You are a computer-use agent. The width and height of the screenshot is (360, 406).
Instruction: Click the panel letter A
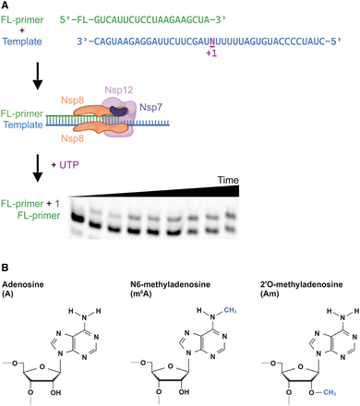5,6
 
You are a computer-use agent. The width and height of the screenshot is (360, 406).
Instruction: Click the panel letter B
5,268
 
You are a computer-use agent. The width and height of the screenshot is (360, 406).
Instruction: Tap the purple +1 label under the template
211,54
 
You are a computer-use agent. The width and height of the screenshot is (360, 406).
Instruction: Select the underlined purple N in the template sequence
212,42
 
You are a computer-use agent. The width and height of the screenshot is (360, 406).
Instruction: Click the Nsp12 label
119,90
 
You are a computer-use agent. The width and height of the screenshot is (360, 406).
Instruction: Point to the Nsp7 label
150,107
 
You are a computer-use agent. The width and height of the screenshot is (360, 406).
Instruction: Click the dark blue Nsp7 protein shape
118,111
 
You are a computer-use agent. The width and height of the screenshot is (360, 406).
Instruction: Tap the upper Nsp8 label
72,101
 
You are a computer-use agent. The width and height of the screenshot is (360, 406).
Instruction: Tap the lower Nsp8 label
72,138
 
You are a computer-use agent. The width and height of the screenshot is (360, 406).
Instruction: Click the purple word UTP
69,165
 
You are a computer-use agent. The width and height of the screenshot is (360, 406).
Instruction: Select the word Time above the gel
228,180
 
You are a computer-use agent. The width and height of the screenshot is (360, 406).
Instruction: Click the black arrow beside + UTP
38,168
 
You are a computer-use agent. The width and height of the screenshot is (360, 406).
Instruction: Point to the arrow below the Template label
38,76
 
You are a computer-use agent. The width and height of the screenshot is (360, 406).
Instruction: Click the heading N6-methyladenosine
170,284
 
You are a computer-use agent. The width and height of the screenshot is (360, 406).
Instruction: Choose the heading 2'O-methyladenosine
301,284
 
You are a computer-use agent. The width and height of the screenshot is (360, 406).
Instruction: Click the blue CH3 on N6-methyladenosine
230,310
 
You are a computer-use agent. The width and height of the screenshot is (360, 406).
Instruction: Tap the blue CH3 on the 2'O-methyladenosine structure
330,392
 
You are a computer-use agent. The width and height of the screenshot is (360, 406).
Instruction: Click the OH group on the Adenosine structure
55,392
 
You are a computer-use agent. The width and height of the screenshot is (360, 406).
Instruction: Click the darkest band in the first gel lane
77,218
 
